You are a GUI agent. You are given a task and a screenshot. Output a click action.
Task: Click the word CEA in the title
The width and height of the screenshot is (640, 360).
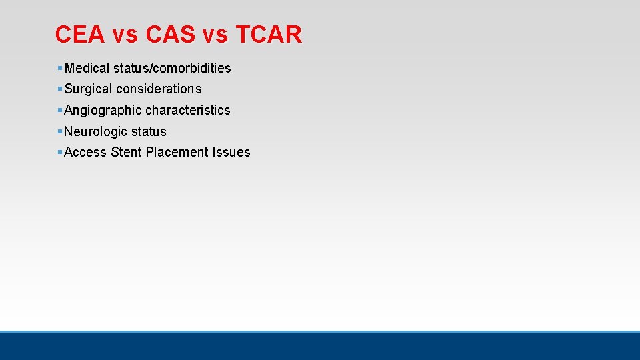tap(80, 34)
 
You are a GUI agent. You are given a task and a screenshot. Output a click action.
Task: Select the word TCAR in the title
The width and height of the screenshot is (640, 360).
tap(269, 34)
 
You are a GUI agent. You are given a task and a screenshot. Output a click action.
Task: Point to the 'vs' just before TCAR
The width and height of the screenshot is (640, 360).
tap(217, 34)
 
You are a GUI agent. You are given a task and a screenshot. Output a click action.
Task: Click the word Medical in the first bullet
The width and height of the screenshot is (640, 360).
tap(87, 68)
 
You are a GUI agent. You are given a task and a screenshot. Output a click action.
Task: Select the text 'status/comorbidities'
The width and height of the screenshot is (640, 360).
tap(172, 68)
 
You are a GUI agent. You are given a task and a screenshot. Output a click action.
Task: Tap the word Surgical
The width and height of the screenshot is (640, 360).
tap(88, 89)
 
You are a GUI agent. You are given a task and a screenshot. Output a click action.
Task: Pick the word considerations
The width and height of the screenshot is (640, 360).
tap(159, 89)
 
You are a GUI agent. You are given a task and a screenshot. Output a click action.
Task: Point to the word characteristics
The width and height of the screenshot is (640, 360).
tap(188, 110)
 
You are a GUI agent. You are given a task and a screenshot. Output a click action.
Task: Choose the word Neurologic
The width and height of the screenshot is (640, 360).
tap(95, 131)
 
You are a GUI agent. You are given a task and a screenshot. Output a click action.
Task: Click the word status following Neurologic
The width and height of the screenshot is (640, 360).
tap(149, 131)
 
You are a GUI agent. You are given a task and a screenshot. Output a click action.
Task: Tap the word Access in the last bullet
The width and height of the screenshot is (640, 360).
tap(85, 152)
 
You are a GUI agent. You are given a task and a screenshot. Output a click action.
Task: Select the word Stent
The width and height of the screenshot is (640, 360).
tap(126, 152)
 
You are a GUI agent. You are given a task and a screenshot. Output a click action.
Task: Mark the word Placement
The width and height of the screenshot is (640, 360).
tap(177, 152)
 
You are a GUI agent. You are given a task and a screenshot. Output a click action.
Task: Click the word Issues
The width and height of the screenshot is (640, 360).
tap(231, 152)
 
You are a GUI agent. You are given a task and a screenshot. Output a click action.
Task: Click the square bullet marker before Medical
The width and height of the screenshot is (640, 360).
tap(60, 68)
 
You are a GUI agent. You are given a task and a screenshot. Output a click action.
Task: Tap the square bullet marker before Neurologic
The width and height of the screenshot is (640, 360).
tap(60, 131)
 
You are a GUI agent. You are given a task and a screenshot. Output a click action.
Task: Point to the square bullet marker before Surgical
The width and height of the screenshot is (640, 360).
tap(60, 89)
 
